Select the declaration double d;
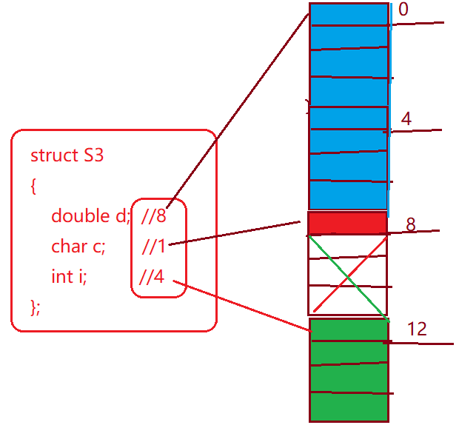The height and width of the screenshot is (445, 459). point(90,216)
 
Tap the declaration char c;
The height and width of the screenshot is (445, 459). point(78,246)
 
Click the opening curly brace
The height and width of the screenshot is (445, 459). point(33,187)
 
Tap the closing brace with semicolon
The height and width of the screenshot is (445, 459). point(36,307)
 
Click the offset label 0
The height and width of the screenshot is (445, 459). point(403,10)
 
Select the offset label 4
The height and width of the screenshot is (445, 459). point(406,118)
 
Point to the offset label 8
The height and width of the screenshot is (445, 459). point(411,224)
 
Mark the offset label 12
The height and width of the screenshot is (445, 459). point(417,329)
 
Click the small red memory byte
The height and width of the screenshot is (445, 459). point(347,223)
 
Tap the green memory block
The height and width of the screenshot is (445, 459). point(349,370)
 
